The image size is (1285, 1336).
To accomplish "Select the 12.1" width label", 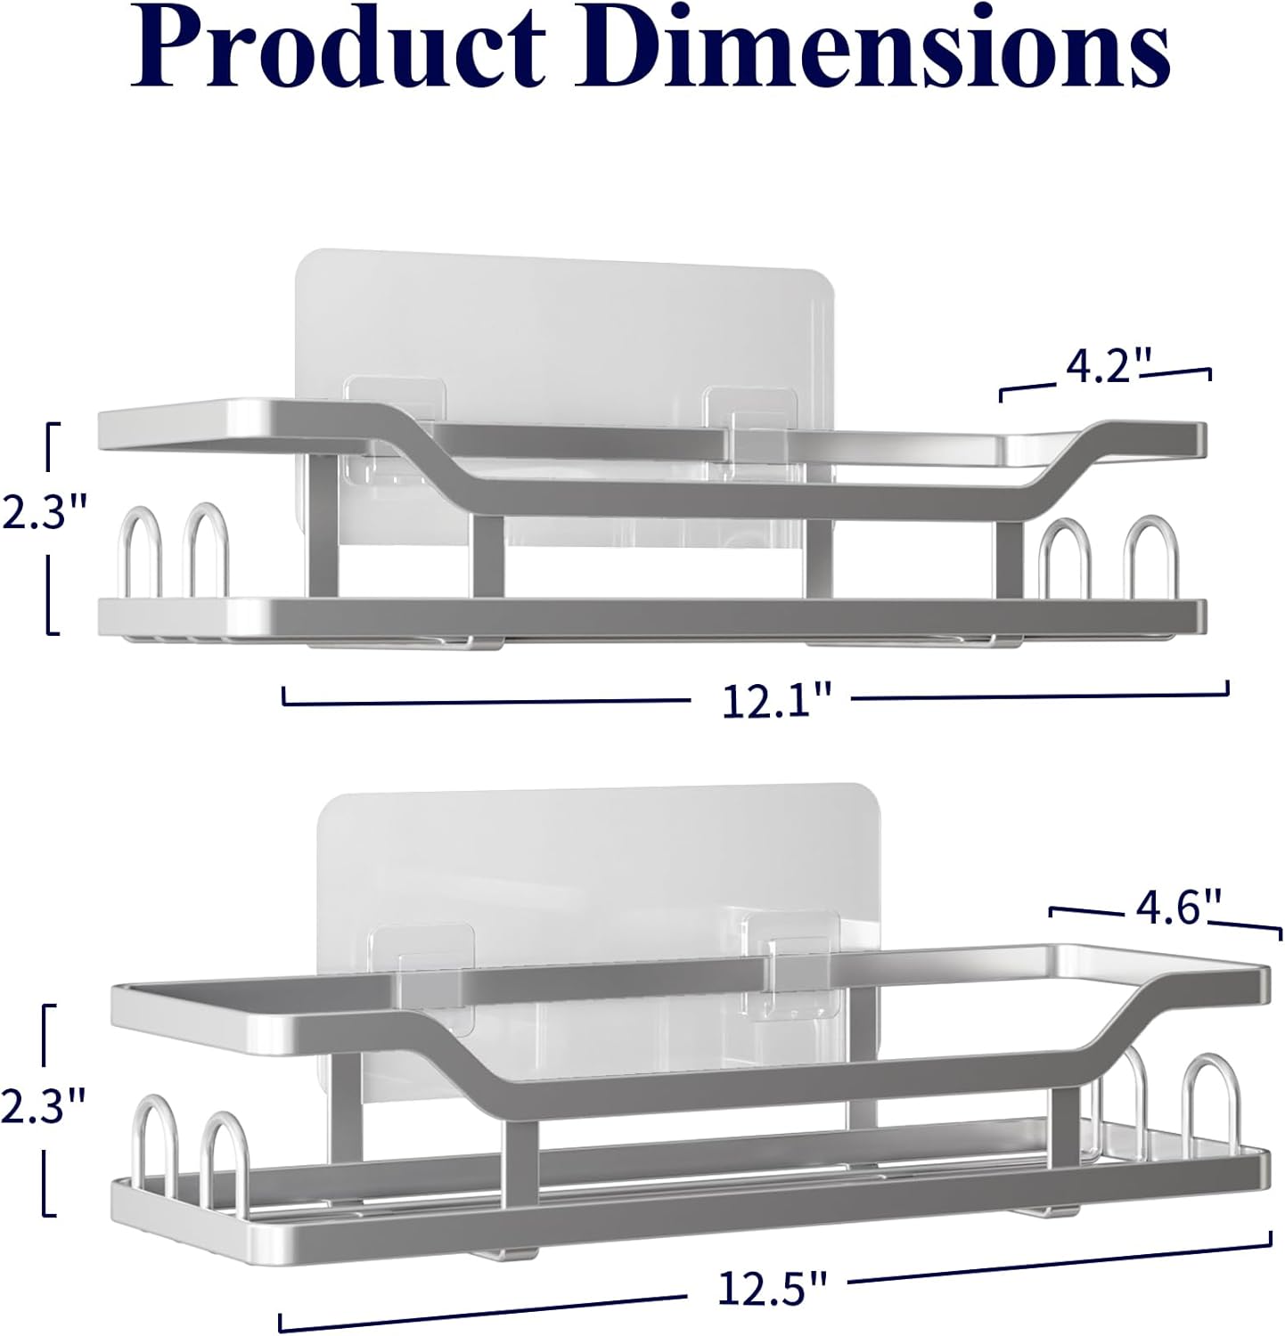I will [x=773, y=703].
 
